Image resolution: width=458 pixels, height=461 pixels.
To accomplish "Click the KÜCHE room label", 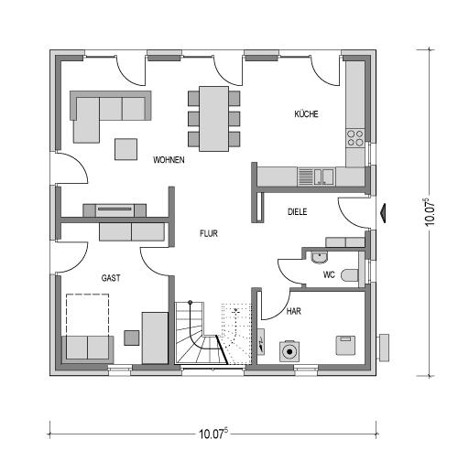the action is (x=306, y=114).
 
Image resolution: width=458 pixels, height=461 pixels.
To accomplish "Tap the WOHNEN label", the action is (x=169, y=160).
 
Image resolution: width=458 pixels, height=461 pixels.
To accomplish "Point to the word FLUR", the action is (x=209, y=233).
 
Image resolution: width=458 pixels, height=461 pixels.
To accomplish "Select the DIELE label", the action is (x=298, y=212).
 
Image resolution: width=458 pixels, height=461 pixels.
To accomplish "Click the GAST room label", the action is (x=111, y=278).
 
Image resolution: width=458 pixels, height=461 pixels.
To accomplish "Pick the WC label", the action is (x=329, y=275).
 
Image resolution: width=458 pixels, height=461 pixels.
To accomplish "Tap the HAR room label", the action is (x=294, y=311).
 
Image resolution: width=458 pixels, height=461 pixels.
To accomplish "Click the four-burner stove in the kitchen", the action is (x=355, y=138).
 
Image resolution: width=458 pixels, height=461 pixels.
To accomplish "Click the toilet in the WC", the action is (x=350, y=275).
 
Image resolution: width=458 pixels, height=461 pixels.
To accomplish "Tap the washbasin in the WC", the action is (x=320, y=257).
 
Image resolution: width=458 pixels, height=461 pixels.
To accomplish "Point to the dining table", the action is (x=213, y=119).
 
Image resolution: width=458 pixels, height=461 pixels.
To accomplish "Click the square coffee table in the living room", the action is (x=125, y=149).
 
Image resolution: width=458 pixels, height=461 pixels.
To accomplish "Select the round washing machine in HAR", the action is (x=289, y=352).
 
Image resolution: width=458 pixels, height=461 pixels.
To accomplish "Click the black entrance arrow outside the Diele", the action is (x=384, y=211).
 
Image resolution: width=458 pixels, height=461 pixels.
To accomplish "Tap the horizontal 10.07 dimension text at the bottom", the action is (x=213, y=434).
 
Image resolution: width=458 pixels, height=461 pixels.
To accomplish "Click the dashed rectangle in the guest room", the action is (x=88, y=315).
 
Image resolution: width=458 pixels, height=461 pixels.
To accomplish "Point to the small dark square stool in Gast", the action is (x=132, y=338).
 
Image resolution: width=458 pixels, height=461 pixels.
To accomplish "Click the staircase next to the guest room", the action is (x=202, y=333).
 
